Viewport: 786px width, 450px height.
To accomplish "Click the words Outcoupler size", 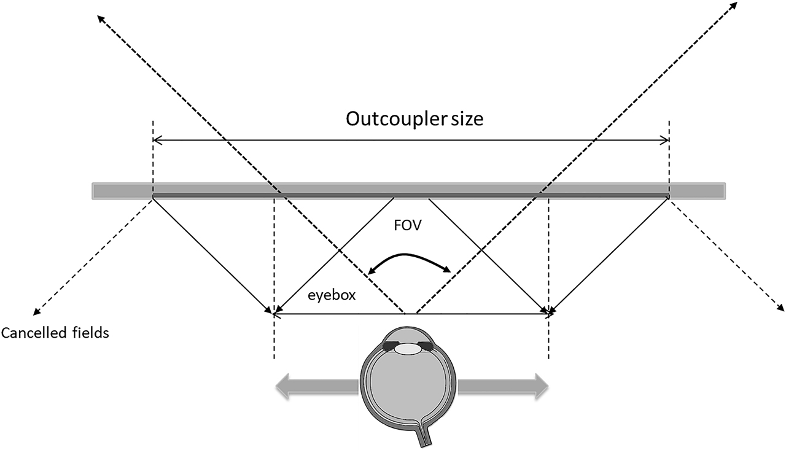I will point(414,118).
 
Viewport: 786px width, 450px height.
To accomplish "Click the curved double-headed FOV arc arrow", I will point(410,258).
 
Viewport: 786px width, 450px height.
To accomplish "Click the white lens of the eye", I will point(407,348).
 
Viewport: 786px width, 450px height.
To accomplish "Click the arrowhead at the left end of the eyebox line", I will point(276,314).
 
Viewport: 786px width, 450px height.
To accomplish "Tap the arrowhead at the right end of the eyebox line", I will point(545,314).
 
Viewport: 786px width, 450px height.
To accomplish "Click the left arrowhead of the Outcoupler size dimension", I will point(156,141).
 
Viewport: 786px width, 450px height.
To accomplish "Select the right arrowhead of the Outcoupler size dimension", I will point(666,141).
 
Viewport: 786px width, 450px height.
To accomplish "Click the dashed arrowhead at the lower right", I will point(780,306).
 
